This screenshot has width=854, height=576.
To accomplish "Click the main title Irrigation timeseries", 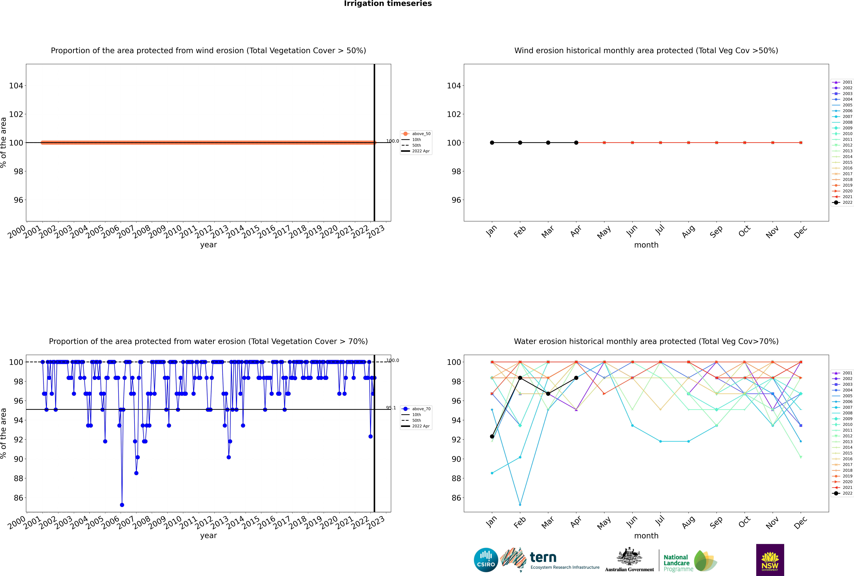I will [x=388, y=4].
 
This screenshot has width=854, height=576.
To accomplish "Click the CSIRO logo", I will [x=486, y=560].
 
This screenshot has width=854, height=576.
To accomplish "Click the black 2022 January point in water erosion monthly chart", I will [x=492, y=436].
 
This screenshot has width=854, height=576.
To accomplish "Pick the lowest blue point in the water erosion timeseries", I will [x=122, y=505].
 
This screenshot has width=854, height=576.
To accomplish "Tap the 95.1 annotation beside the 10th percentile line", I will [x=391, y=408].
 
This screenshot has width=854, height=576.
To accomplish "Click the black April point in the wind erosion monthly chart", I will [x=576, y=142].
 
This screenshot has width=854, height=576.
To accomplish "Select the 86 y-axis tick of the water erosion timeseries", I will [x=18, y=498].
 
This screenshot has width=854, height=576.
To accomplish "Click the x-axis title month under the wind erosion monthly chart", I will [x=646, y=245].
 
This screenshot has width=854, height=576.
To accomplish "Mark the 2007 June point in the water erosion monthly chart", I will [x=632, y=425].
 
